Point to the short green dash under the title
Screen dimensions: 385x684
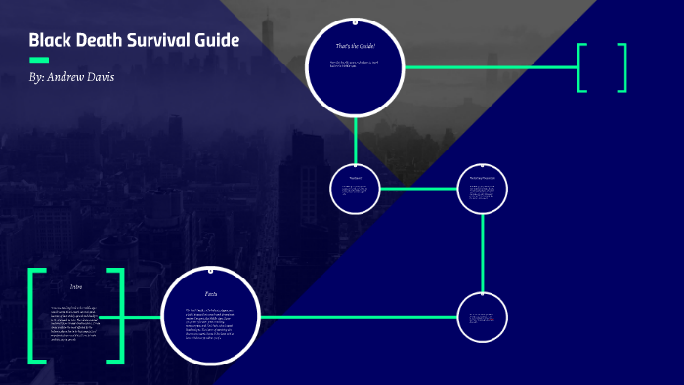coord(40,60)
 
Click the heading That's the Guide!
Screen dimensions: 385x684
coord(355,47)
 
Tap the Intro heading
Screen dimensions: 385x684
coord(75,286)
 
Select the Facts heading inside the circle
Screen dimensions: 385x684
coord(210,293)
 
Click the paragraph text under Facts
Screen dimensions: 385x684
coord(210,319)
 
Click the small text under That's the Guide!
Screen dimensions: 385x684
coord(354,67)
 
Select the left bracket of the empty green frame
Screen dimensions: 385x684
coord(581,67)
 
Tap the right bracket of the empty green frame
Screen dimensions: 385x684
coord(622,67)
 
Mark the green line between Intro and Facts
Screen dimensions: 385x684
coord(141,317)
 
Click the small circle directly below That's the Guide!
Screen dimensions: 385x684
coord(355,188)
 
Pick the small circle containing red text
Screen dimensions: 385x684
coord(483,317)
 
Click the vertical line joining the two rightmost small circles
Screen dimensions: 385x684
coord(483,252)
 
